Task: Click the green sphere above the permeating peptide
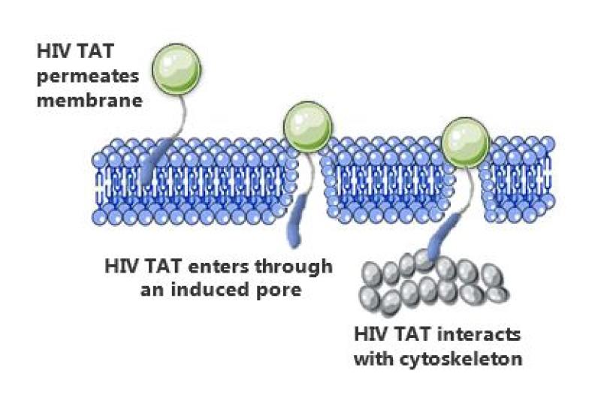tap(177, 68)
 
